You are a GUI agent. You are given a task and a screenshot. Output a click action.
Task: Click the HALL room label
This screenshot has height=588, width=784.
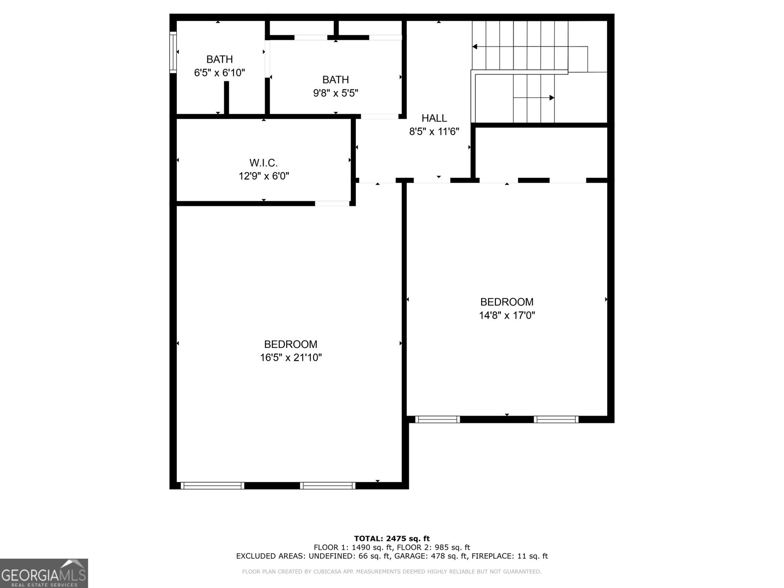point(434,118)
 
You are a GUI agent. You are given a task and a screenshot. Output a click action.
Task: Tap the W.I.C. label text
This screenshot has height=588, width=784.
point(264,163)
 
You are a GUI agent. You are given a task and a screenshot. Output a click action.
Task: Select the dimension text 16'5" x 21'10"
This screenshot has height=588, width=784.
point(291,357)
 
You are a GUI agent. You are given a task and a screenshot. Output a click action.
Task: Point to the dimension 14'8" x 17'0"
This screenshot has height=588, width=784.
point(507,315)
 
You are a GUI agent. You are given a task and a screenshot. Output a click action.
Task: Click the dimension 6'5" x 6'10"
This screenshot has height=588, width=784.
point(220,73)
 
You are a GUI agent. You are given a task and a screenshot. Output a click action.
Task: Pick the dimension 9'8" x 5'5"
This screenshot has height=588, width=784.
point(335,93)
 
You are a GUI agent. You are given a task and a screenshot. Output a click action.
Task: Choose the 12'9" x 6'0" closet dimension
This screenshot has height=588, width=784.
point(264,176)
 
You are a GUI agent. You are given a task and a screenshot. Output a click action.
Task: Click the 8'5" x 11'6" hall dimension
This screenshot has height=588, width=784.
point(434,131)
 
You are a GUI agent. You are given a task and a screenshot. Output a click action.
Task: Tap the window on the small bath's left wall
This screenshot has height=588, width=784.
point(173,52)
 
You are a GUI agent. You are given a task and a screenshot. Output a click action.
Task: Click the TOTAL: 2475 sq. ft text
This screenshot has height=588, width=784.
point(392,539)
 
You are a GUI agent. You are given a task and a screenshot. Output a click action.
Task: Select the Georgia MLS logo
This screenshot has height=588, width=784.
point(44,573)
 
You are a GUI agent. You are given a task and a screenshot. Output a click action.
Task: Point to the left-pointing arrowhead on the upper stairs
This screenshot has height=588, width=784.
point(475,47)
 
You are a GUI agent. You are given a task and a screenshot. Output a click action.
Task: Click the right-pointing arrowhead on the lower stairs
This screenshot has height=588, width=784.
point(552,98)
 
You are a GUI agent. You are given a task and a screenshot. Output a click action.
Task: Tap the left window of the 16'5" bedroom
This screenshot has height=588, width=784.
point(213,486)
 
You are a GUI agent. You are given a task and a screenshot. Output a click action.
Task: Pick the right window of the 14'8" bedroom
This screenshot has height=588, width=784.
point(556,419)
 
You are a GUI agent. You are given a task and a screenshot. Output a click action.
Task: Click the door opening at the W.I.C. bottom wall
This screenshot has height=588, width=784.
point(332,203)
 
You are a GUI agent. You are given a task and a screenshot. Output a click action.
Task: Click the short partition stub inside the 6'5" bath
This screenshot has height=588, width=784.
point(226,98)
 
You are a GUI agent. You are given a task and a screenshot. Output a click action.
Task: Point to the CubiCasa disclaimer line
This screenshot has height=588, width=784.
point(392,571)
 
